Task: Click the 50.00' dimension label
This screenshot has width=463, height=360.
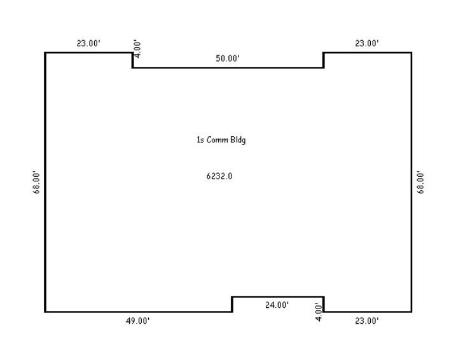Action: click(228, 59)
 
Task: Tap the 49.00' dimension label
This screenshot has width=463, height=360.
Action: click(137, 321)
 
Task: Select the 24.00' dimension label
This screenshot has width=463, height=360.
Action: click(277, 305)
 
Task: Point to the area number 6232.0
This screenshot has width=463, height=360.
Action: click(219, 176)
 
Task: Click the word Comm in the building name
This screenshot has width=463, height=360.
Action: click(217, 139)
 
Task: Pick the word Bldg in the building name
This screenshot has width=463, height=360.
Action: click(238, 140)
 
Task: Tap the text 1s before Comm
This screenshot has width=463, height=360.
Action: click(200, 139)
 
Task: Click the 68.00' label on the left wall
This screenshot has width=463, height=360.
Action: click(36, 182)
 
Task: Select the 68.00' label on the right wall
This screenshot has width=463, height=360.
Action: click(420, 182)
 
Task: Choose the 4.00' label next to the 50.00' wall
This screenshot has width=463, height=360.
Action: click(137, 49)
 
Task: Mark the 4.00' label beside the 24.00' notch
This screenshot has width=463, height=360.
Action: click(318, 312)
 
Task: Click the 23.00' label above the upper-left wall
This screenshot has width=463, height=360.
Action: click(88, 43)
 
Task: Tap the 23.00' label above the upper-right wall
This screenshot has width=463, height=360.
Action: click(366, 43)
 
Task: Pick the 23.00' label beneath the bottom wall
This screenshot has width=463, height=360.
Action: click(366, 321)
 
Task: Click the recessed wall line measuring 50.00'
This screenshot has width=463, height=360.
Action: click(228, 67)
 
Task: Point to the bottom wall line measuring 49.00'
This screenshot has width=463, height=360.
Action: click(138, 312)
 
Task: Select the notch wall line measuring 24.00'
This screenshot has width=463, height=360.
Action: click(278, 297)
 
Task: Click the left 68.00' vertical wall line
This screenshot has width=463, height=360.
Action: click(45, 182)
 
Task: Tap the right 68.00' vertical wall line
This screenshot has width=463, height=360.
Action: click(411, 182)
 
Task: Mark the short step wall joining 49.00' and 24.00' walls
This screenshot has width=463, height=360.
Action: click(232, 304)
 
